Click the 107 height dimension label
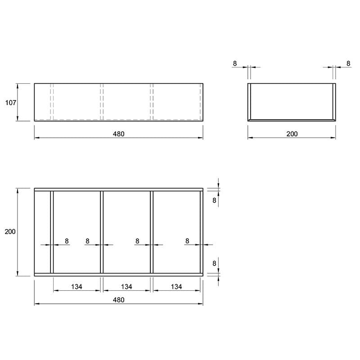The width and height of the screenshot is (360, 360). pyautogui.click(x=10, y=103)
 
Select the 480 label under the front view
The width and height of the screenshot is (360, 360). pyautogui.click(x=118, y=134)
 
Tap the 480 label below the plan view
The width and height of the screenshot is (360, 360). pyautogui.click(x=118, y=300)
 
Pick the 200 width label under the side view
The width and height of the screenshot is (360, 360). pyautogui.click(x=292, y=134)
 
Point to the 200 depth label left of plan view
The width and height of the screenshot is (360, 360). pyautogui.click(x=10, y=232)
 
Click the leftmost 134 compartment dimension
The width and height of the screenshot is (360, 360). pyautogui.click(x=76, y=287)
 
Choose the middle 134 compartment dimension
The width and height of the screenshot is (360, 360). pyautogui.click(x=126, y=287)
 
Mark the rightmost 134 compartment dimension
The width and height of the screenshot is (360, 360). pyautogui.click(x=176, y=287)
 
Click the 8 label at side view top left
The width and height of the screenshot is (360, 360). pyautogui.click(x=234, y=63)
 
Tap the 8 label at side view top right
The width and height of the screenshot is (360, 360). pyautogui.click(x=348, y=63)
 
